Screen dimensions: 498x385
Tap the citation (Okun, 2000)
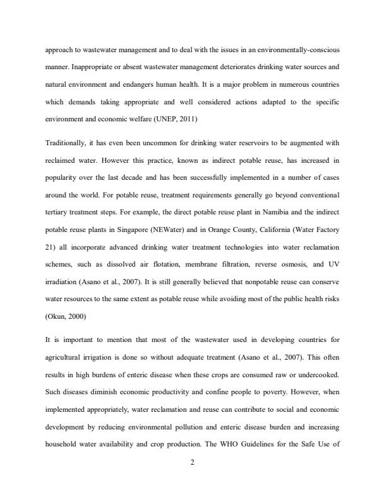point(65,317)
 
